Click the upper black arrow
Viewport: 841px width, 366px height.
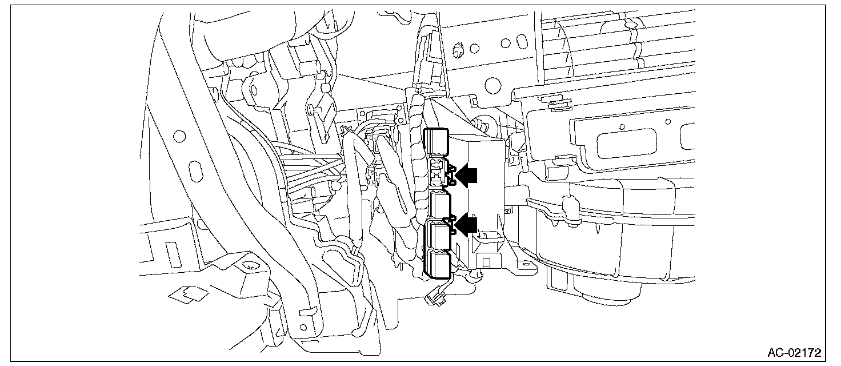click(x=466, y=175)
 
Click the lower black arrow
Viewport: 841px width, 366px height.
click(x=466, y=225)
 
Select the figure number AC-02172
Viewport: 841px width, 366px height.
click(x=794, y=352)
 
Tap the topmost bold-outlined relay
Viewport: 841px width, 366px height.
click(x=436, y=142)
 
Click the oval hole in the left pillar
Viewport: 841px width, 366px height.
click(x=195, y=172)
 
